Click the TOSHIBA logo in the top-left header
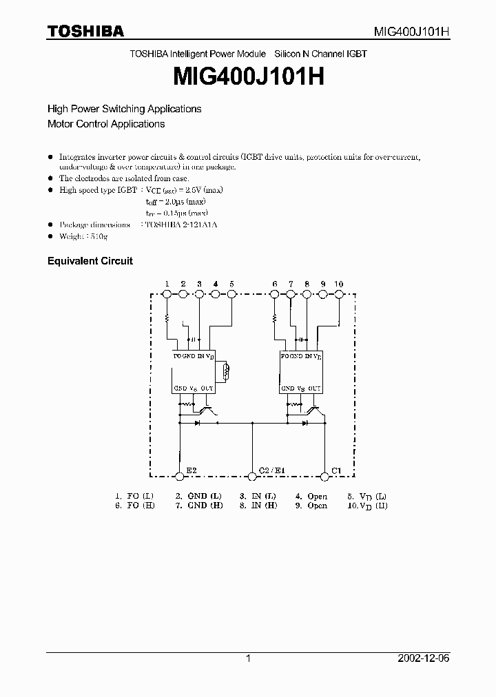pos(85,31)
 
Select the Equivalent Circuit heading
pos(90,261)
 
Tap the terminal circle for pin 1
pos(167,294)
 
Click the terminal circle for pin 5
pos(231,294)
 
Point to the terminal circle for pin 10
pos(339,294)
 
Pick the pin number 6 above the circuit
pos(275,284)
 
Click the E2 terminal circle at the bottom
pos(180,475)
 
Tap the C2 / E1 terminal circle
pos(253,475)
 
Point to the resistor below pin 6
pos(275,318)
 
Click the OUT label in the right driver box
pos(315,388)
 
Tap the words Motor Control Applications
pos(106,124)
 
